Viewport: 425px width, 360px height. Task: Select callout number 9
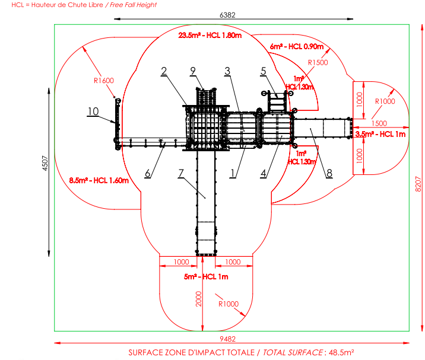(193, 71)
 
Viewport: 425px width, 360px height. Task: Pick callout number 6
(147, 174)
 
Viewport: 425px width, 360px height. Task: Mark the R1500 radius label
(318, 62)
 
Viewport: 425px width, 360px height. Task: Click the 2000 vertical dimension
(199, 300)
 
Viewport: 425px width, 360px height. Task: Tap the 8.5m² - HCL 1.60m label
(99, 180)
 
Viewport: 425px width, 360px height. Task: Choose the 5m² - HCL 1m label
(205, 277)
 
